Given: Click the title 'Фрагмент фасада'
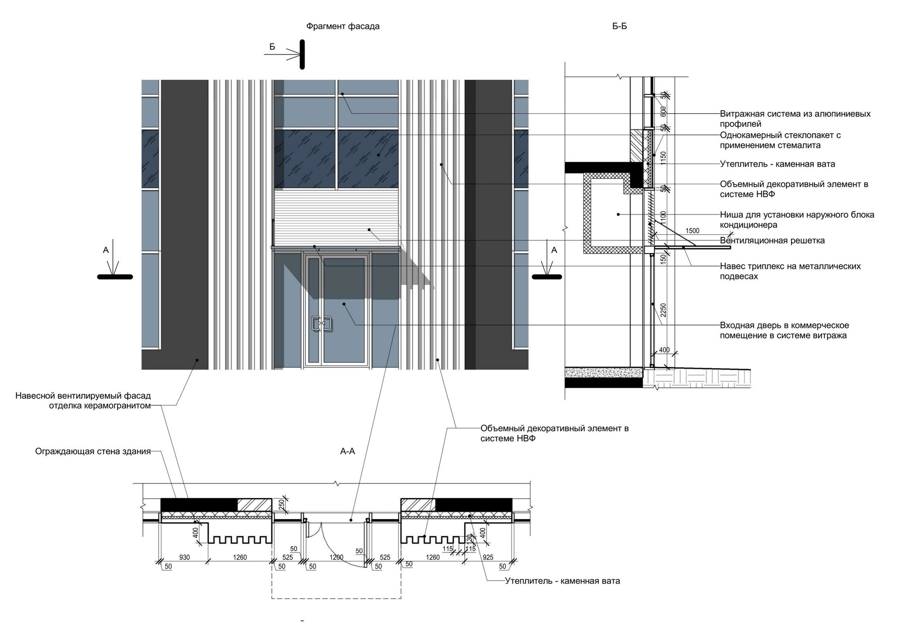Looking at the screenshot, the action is click(343, 26).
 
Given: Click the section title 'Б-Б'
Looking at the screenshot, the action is click(619, 26).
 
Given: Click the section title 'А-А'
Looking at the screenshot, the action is click(347, 451).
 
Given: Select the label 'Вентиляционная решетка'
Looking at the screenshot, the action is click(772, 241).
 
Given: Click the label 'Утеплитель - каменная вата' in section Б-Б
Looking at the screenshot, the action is click(778, 164).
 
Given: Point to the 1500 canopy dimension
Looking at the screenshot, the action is click(692, 231).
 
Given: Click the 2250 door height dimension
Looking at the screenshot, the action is click(663, 310).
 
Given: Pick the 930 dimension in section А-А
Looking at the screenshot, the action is click(184, 557).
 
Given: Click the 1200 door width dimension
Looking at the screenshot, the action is click(336, 557).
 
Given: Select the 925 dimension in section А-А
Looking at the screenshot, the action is click(488, 557).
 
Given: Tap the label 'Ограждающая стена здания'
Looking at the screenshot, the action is click(93, 451).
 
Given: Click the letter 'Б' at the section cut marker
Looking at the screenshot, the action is click(272, 47).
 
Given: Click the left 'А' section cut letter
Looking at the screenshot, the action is click(106, 250).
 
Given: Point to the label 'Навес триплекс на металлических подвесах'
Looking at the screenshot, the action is click(790, 271).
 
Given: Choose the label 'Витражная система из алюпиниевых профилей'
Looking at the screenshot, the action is click(795, 119).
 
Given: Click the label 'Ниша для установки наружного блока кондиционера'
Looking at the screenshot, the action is click(797, 220).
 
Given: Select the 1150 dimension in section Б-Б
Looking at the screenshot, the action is click(663, 158).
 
